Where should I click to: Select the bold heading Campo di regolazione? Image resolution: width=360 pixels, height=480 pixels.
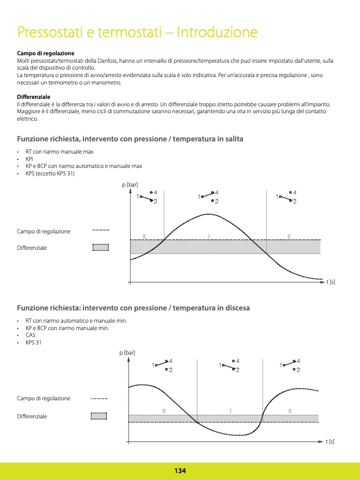pos(46,54)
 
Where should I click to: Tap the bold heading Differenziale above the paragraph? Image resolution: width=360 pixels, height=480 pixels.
pos(34,97)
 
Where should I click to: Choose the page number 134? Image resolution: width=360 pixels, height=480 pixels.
pos(180,471)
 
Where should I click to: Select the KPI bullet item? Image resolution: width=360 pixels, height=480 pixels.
pos(29,159)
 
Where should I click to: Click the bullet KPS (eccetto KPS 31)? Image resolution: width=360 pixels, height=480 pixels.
pos(50,174)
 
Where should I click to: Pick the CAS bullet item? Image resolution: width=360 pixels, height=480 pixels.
pos(30,335)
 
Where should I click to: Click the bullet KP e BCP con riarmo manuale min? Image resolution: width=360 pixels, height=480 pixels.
pos(67,328)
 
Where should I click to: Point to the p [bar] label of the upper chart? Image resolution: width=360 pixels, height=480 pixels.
pos(130,184)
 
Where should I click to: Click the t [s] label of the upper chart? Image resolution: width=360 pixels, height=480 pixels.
pos(331,282)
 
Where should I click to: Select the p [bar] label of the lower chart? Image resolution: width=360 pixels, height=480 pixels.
pos(127,352)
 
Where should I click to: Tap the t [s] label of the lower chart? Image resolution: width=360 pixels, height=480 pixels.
pos(330,441)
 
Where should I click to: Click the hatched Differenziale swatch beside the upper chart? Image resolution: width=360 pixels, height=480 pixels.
pos(101,247)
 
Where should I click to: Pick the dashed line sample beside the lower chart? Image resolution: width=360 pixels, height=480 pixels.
pos(99,398)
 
